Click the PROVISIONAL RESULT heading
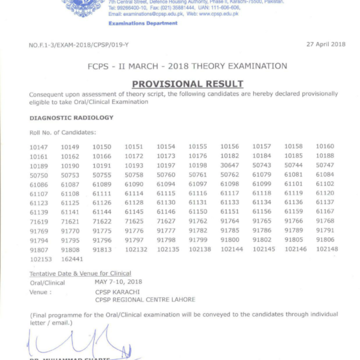[187, 84]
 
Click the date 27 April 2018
[325, 44]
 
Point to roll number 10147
[39, 146]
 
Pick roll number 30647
[229, 165]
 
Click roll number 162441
[71, 258]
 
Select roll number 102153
[40, 258]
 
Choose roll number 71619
[39, 221]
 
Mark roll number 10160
[325, 146]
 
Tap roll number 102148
[327, 249]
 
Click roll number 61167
[325, 211]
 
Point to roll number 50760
[166, 174]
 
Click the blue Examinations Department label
[143, 23]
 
